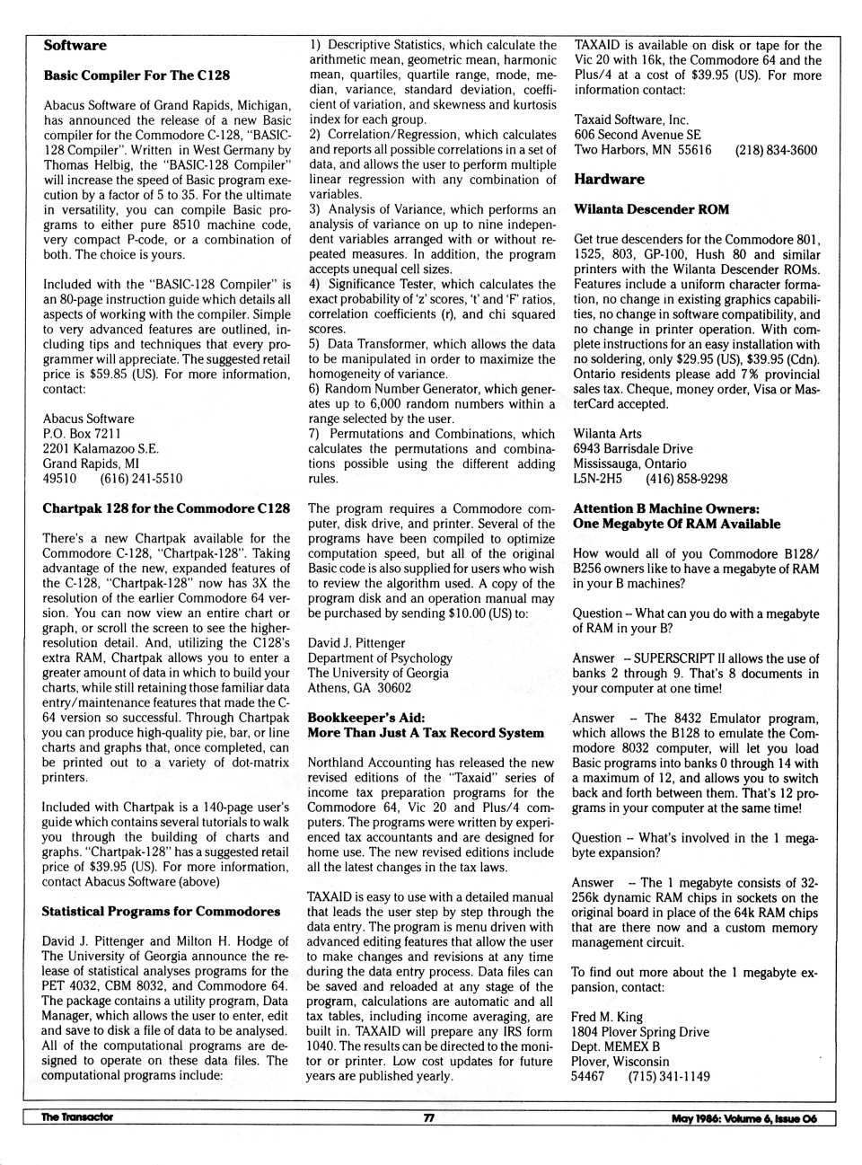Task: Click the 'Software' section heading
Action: pyautogui.click(x=75, y=46)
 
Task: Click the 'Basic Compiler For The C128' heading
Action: pyautogui.click(x=136, y=75)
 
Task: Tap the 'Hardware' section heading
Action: pyautogui.click(x=609, y=179)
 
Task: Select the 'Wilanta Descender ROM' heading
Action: pyautogui.click(x=651, y=209)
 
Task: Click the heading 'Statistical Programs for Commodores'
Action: pyautogui.click(x=161, y=911)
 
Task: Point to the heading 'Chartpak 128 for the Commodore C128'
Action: pyautogui.click(x=166, y=508)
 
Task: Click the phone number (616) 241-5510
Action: pyautogui.click(x=141, y=479)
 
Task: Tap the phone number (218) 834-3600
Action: pyautogui.click(x=776, y=150)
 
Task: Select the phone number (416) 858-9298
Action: pyautogui.click(x=686, y=479)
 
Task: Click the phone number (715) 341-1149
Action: pyautogui.click(x=668, y=1076)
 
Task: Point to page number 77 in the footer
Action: pyautogui.click(x=429, y=1117)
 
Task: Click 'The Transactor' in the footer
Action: pyautogui.click(x=77, y=1117)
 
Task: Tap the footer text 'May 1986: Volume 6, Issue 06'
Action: pyautogui.click(x=743, y=1118)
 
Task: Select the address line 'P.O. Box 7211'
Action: pyautogui.click(x=82, y=434)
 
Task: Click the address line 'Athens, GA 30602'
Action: pyautogui.click(x=359, y=688)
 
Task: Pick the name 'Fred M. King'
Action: pyautogui.click(x=607, y=1017)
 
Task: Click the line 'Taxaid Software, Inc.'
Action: pyautogui.click(x=631, y=119)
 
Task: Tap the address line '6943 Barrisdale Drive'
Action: pyautogui.click(x=633, y=448)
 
